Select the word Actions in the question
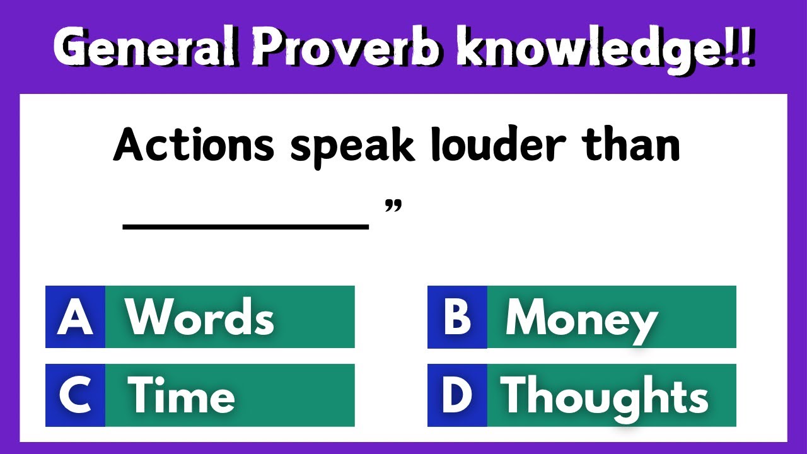(194, 144)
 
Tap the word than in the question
(631, 144)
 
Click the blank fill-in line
(246, 226)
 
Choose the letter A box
(75, 317)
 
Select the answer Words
(200, 317)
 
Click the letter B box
(457, 317)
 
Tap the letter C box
(75, 395)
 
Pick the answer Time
(181, 395)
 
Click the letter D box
(457, 395)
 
